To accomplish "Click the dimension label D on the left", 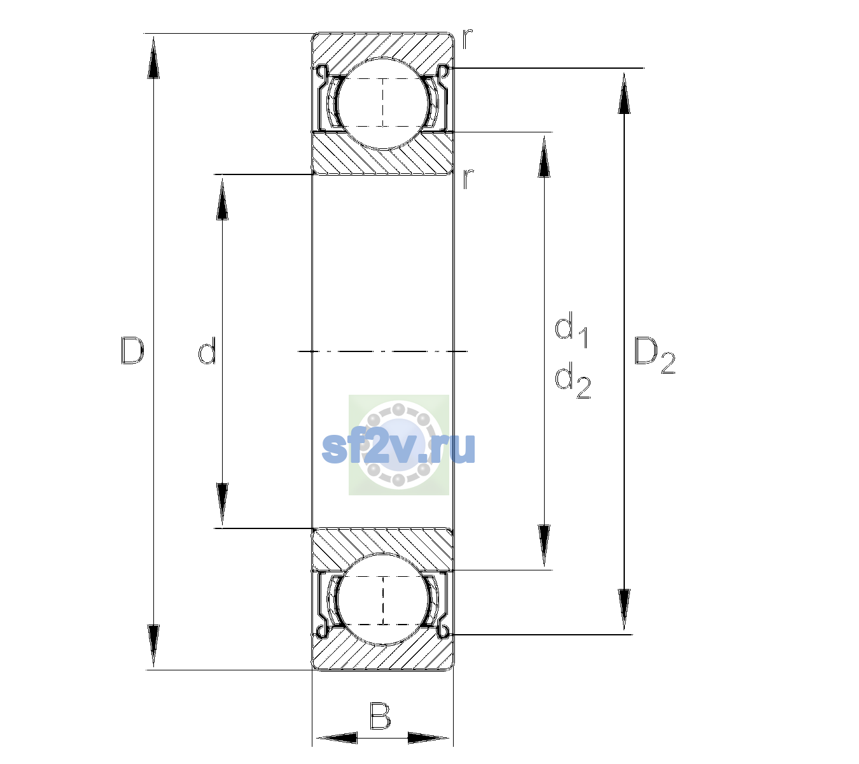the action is pos(132,351).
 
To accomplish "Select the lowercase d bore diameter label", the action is pos(207,351).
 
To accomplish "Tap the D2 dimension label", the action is pos(654,355).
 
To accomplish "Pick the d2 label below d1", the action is pos(573,379).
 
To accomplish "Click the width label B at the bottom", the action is pos(380,716).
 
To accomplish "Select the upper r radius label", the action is pos(468,39).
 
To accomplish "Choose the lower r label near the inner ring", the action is pos(468,179).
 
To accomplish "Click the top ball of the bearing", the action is pos(383,104).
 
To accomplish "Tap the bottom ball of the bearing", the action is pos(383,599).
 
